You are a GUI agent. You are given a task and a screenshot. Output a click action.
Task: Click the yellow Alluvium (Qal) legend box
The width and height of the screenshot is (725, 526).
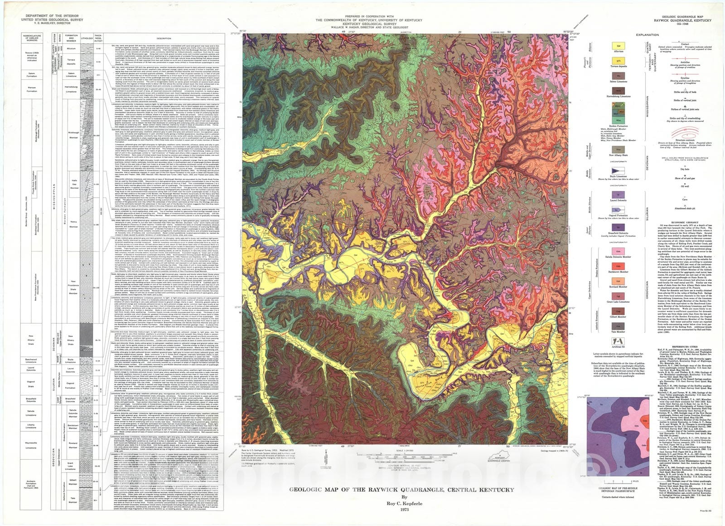(618, 46)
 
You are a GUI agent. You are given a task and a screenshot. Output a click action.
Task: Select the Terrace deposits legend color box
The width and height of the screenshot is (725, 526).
(618, 60)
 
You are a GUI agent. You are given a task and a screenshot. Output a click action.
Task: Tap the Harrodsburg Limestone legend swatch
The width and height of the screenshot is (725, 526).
(618, 91)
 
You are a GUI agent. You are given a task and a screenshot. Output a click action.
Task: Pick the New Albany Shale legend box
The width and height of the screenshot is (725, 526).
(618, 150)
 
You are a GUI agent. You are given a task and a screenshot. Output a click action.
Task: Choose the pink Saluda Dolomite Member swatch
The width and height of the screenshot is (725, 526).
(618, 251)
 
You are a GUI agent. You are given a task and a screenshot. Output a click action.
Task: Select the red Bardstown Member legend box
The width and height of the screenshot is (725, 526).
(618, 266)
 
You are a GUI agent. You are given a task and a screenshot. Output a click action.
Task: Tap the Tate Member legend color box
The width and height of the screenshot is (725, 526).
(618, 326)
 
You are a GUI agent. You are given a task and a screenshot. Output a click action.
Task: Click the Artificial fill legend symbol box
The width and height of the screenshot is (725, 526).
(618, 341)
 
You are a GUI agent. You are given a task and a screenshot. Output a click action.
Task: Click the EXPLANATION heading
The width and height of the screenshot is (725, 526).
(647, 35)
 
